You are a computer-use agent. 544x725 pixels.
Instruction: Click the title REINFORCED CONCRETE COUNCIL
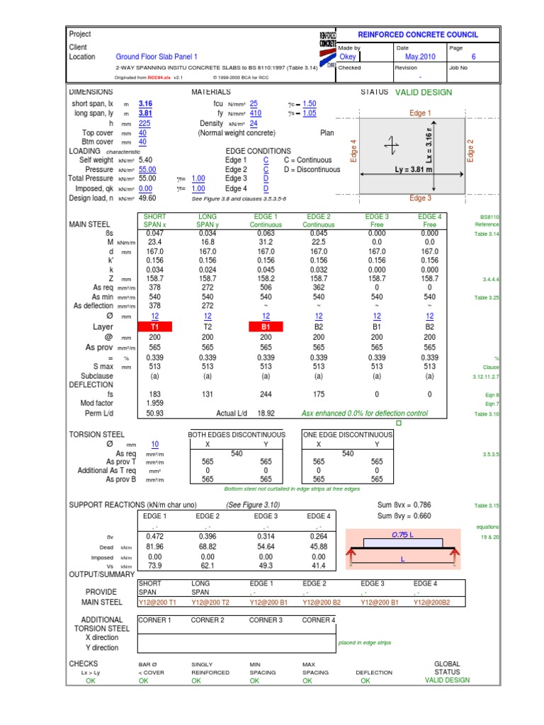(x=418, y=35)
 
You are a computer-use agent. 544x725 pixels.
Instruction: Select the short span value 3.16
(x=145, y=103)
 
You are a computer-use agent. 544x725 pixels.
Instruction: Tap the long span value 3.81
(x=145, y=113)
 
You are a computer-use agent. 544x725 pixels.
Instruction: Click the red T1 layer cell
(x=154, y=327)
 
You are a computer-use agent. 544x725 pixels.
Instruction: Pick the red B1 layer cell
(x=266, y=327)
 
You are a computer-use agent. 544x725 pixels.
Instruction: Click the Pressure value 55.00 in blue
(x=147, y=170)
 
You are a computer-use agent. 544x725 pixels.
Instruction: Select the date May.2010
(x=420, y=57)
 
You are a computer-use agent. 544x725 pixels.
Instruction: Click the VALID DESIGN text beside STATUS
(x=423, y=93)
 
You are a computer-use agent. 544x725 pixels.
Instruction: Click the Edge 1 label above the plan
(x=420, y=113)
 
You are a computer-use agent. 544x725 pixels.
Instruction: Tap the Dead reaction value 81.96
(x=154, y=547)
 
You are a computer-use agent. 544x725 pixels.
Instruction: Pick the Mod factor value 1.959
(x=154, y=404)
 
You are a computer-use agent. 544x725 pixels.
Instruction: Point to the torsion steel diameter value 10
(x=154, y=444)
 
